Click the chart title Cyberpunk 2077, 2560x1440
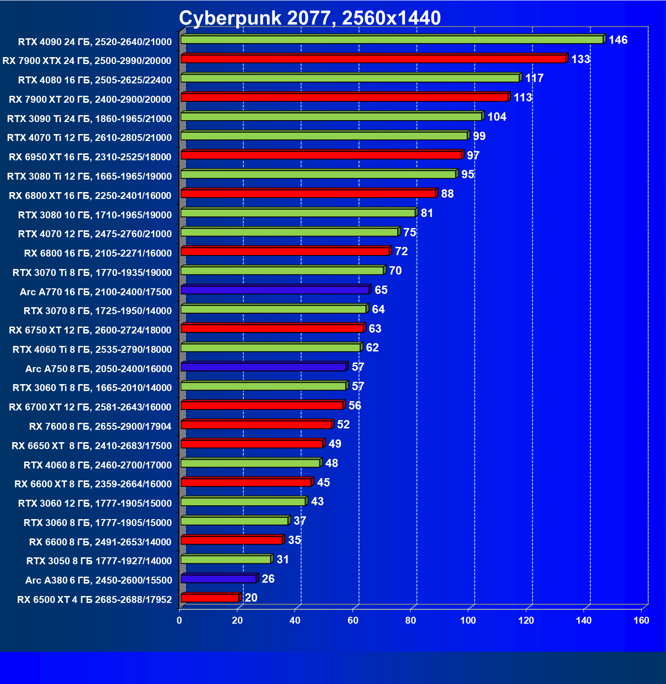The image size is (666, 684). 310,18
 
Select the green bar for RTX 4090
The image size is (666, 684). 392,40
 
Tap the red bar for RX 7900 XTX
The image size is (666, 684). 373,59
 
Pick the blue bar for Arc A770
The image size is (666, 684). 275,290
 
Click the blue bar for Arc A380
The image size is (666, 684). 218,579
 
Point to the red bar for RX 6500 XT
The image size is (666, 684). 210,598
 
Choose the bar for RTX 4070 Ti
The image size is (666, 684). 324,136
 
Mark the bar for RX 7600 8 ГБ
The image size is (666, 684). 256,425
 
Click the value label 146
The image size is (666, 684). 618,40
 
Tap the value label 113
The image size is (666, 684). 523,98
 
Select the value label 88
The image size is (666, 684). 447,194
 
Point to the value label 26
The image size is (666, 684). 268,579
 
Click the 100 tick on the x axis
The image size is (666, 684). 468,620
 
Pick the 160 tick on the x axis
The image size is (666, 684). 641,620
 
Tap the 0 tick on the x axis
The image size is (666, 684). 179,620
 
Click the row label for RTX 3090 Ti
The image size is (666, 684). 89,119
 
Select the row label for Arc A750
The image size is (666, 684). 99,369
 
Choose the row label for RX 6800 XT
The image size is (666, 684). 90,196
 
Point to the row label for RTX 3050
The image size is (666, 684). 99,561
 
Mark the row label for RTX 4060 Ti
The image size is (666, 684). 92,350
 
